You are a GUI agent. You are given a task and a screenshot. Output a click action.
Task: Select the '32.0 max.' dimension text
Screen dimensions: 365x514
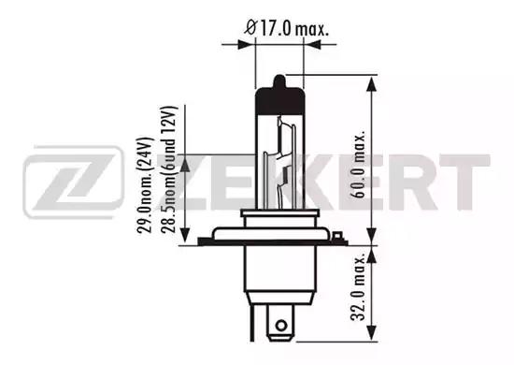coord(360,295)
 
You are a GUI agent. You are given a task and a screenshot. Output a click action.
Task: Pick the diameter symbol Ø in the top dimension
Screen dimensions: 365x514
coord(250,30)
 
